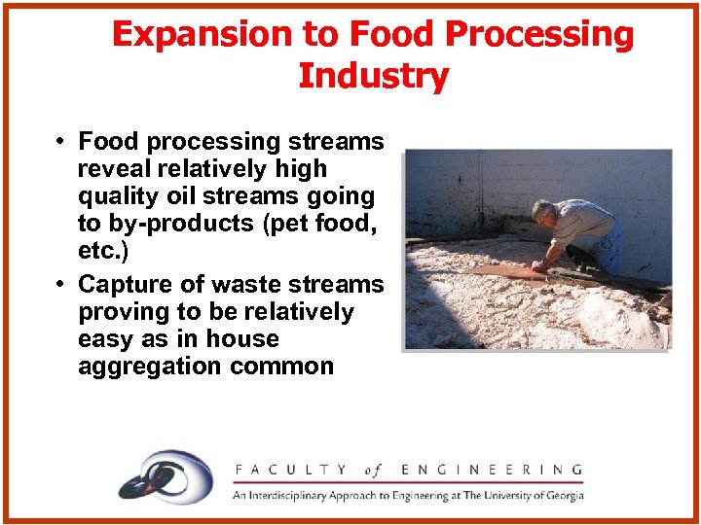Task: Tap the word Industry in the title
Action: click(x=373, y=76)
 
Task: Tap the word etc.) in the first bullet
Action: click(x=103, y=251)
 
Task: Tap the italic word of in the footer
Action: click(x=374, y=470)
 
